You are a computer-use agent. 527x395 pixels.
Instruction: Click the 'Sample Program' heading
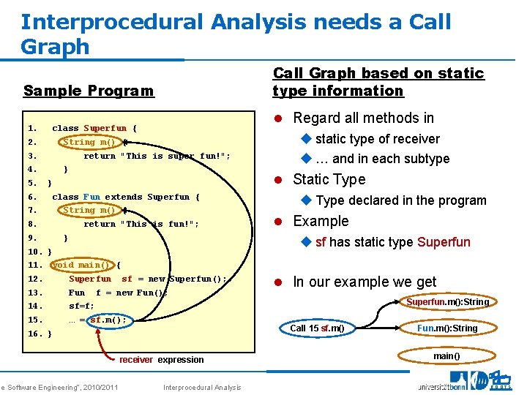[89, 91]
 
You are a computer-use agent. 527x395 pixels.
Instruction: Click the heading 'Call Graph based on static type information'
[378, 82]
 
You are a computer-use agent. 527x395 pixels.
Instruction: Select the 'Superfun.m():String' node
[447, 301]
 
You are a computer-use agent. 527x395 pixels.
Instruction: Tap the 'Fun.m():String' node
[446, 328]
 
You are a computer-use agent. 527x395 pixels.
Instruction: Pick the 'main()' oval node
[446, 356]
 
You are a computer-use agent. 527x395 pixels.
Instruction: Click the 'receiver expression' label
[161, 360]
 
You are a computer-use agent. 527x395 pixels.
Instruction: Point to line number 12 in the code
[35, 279]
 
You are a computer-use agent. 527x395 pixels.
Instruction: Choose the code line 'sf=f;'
[82, 306]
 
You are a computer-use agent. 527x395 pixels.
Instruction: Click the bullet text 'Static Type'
[329, 179]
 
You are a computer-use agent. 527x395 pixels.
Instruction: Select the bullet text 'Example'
[321, 221]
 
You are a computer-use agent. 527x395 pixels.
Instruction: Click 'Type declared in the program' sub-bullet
[400, 200]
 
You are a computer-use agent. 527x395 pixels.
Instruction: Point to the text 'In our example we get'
[364, 282]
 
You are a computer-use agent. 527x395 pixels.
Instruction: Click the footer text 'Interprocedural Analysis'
[201, 387]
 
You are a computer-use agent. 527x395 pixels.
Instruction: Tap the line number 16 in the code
[35, 334]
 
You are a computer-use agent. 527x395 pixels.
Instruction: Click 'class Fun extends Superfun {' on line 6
[125, 197]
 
